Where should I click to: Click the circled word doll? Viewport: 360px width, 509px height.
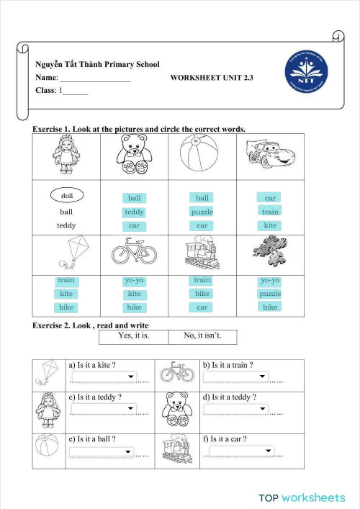tap(67, 195)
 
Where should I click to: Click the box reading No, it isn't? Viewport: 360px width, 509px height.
tap(203, 335)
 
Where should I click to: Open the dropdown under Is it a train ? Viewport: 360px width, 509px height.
tap(235, 377)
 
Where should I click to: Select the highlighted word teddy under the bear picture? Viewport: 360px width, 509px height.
tap(135, 212)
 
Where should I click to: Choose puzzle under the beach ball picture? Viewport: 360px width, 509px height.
tap(202, 212)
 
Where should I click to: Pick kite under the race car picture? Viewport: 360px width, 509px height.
tap(270, 225)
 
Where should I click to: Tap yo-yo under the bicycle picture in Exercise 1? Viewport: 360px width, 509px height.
tap(135, 281)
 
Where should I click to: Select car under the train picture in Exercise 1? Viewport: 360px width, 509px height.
tap(202, 307)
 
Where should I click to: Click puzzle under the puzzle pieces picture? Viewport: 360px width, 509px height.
tap(270, 294)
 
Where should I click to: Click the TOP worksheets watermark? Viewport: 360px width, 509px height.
tap(302, 497)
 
